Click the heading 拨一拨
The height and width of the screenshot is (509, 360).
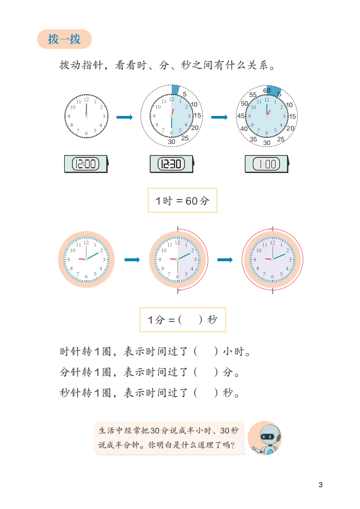pyautogui.click(x=64, y=40)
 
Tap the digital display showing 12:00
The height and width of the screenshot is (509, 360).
pyautogui.click(x=85, y=164)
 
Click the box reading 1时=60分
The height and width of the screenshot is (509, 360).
pyautogui.click(x=182, y=201)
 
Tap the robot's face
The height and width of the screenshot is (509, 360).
pyautogui.click(x=268, y=437)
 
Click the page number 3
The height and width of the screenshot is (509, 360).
pyautogui.click(x=320, y=485)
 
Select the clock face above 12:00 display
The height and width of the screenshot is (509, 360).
pyautogui.click(x=86, y=116)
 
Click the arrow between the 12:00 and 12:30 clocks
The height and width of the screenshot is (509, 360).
pyautogui.click(x=124, y=119)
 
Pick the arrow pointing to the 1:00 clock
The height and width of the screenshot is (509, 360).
pyautogui.click(x=220, y=119)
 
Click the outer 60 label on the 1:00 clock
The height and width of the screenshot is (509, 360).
pyautogui.click(x=267, y=91)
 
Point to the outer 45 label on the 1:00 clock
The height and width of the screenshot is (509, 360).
pyautogui.click(x=241, y=116)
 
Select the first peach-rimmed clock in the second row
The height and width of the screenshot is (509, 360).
pyautogui.click(x=86, y=259)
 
